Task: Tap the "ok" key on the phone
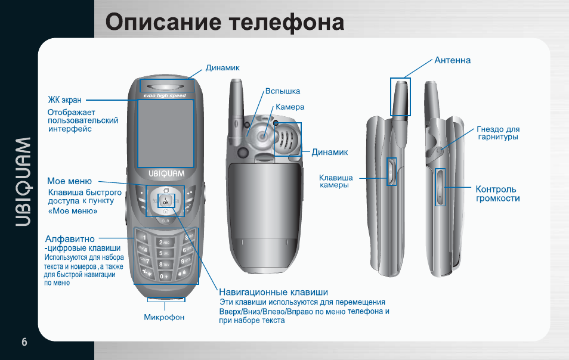(166, 200)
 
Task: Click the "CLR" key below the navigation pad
(165, 221)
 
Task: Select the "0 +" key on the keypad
(164, 276)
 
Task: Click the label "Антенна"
(453, 60)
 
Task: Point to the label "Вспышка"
(283, 91)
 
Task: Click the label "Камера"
(290, 107)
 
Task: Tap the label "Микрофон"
(165, 317)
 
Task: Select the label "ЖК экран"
(64, 100)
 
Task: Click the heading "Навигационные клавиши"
(274, 292)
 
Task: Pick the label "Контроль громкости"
(497, 194)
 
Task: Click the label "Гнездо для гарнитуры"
(498, 133)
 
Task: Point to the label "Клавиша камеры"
(336, 181)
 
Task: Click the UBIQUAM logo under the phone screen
(166, 173)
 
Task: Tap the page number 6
(24, 342)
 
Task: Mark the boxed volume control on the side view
(440, 187)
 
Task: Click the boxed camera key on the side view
(391, 172)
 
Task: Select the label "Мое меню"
(69, 181)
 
